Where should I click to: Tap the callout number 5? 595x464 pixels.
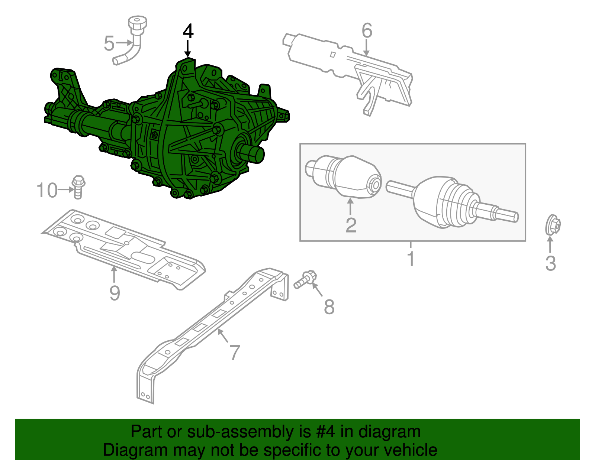point(109,43)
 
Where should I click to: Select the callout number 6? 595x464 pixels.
point(367,30)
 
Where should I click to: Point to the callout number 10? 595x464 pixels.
point(47,190)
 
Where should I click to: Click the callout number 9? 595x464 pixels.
point(115,293)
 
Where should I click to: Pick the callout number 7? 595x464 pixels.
point(235,352)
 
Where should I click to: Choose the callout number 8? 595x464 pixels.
point(329,307)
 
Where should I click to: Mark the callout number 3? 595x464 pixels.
point(550,263)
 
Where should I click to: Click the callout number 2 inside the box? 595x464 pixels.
point(351,225)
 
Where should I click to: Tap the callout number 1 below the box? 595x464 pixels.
point(411,259)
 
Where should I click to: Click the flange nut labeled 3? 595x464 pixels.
point(553,225)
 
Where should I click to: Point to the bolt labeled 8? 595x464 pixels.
point(305,280)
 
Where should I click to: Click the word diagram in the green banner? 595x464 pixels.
point(389,432)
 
